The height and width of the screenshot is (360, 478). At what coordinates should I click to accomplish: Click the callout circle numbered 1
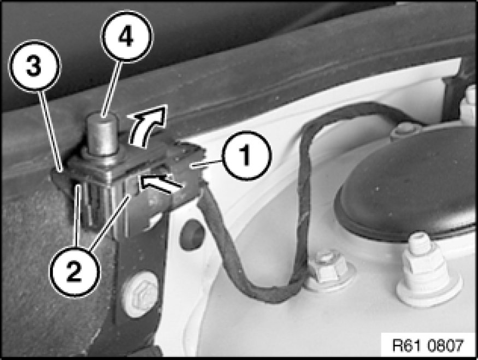(x=246, y=155)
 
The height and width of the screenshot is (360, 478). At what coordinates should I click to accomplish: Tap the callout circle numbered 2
(x=75, y=273)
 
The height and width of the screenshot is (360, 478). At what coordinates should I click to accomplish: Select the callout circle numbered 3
(x=34, y=65)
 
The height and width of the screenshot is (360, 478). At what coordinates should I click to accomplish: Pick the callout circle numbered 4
(x=127, y=37)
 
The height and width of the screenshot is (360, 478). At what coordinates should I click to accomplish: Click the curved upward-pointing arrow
(x=146, y=125)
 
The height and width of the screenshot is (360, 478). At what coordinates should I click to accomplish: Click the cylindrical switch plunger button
(x=102, y=133)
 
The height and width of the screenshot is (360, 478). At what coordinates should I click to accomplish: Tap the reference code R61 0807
(x=428, y=345)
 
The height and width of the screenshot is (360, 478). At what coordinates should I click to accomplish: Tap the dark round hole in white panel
(x=191, y=234)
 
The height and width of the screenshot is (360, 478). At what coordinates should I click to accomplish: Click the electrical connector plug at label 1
(x=185, y=170)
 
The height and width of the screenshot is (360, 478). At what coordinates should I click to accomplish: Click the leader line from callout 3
(x=52, y=129)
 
